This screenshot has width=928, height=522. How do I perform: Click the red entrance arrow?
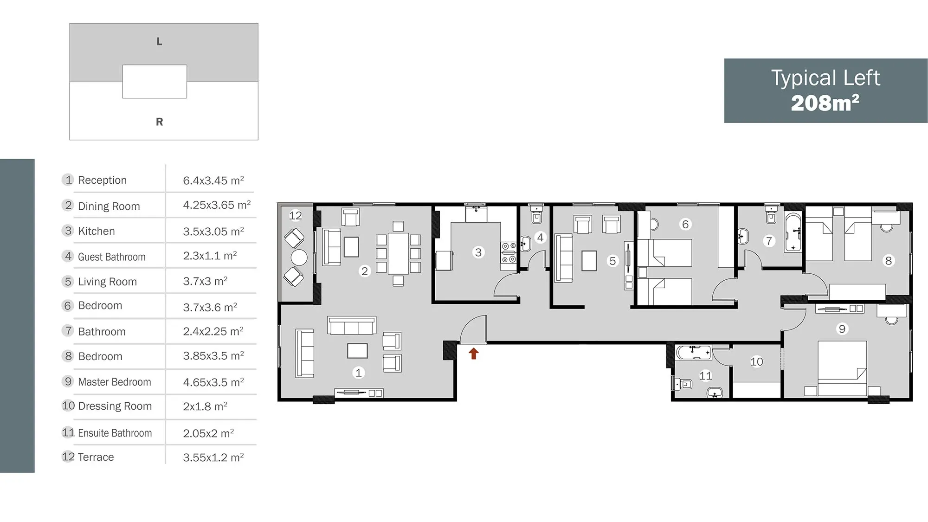473,354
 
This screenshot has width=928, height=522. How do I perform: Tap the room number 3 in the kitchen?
478,252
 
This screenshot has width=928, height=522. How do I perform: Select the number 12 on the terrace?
295,215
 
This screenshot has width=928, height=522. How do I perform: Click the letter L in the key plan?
159,42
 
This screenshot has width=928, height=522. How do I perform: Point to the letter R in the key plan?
159,122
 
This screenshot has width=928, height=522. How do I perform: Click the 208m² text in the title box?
825,103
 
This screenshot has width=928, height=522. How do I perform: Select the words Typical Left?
825,77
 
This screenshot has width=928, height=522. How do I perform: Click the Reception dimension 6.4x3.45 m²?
213,180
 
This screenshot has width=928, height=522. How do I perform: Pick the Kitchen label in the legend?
96,231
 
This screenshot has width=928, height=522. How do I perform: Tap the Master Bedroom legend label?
115,382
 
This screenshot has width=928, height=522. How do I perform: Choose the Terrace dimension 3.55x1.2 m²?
213,457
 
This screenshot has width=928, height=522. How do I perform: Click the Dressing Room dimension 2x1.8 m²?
205,406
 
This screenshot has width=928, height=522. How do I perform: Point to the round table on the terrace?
299,258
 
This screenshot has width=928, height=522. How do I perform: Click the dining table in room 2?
398,253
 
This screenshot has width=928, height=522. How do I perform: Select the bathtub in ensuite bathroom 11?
693,353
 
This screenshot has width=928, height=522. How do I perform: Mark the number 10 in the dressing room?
756,361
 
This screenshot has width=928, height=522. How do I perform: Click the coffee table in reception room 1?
357,351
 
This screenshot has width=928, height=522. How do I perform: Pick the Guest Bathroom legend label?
112,257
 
